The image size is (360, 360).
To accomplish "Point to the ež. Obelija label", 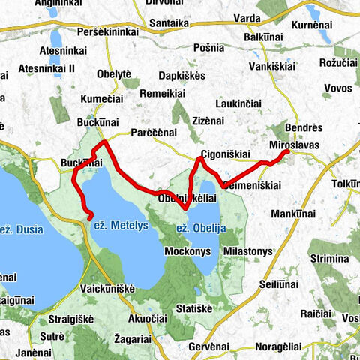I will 201,228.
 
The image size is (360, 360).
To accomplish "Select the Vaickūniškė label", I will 107,287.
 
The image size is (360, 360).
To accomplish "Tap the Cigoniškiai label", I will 225,155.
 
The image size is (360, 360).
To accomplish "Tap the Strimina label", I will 328,259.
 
